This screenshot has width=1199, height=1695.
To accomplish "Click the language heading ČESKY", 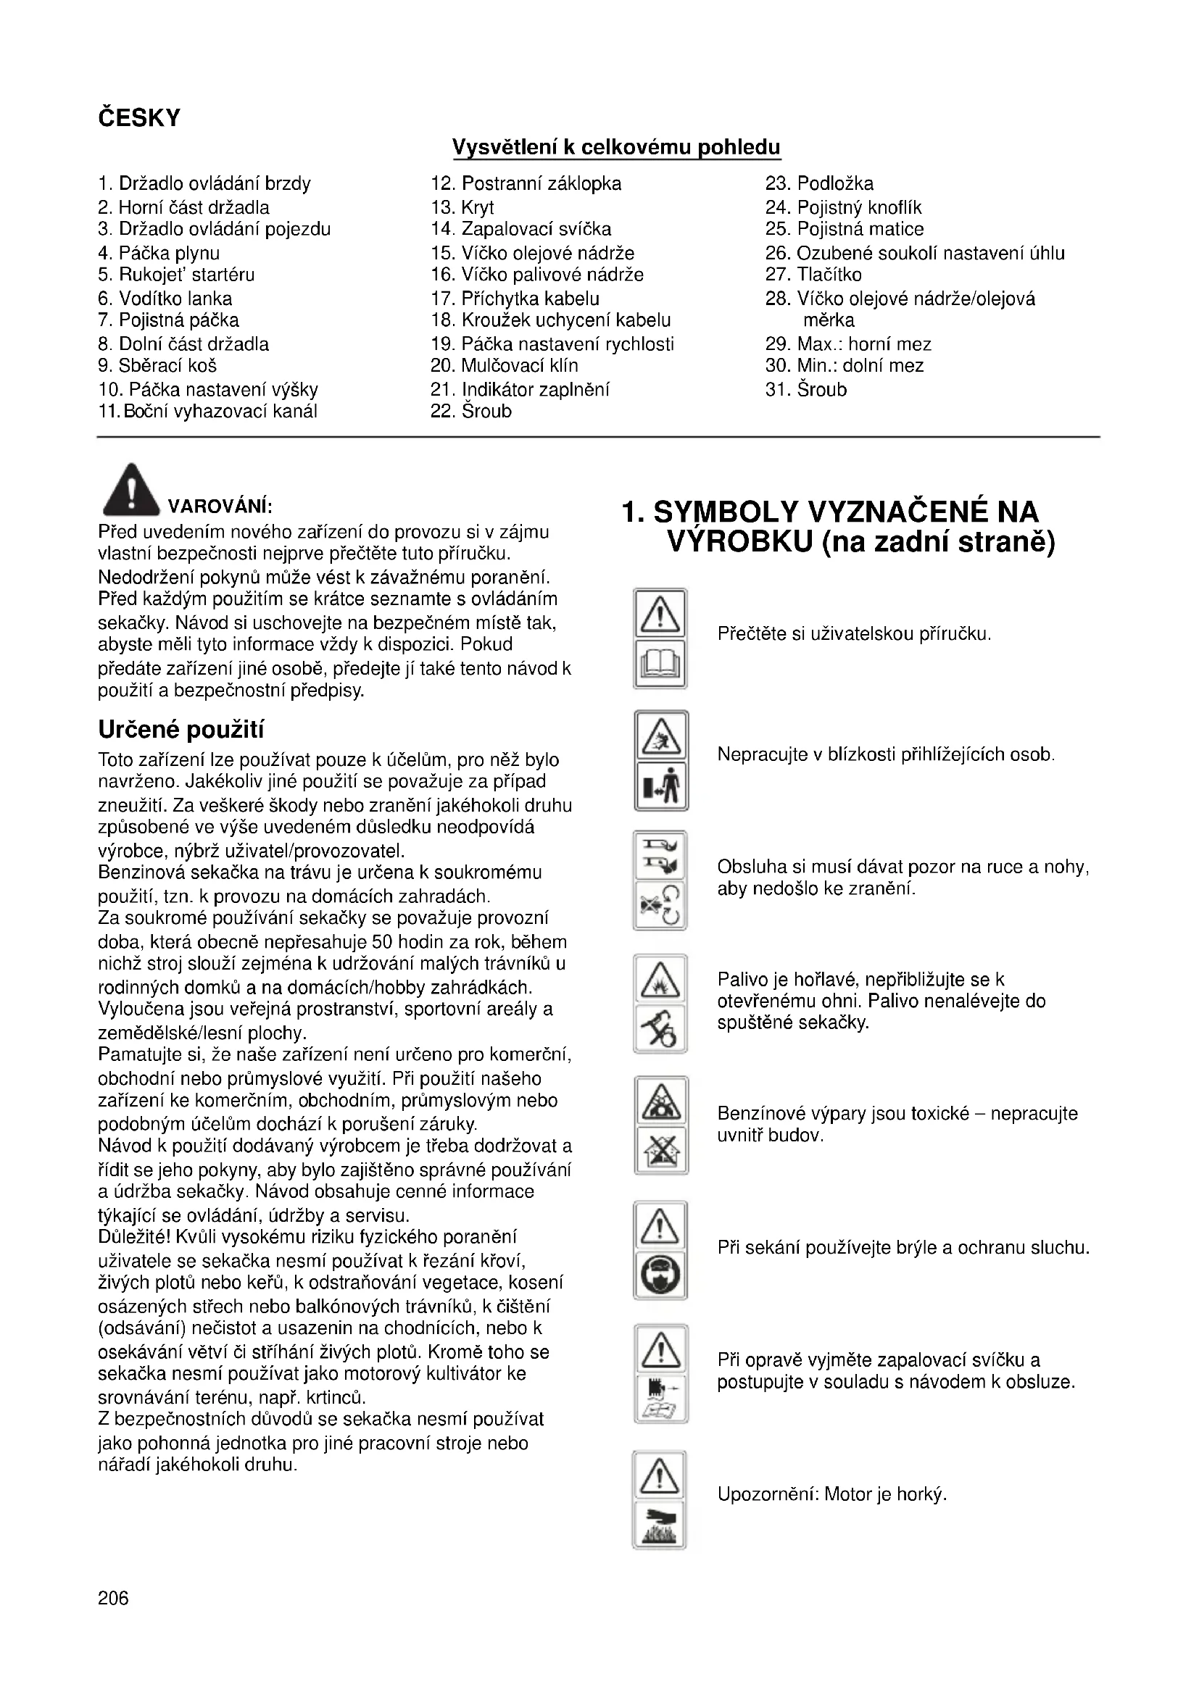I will pos(138,118).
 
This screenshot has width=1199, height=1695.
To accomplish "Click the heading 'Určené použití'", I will pos(181,730).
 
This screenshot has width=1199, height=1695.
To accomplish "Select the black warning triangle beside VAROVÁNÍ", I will pos(130,489).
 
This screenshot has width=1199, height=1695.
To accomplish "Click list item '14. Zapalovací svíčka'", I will pos(520,229).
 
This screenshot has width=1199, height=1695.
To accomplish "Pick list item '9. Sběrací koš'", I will pos(157,365).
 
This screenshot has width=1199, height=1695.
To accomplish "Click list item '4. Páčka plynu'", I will pos(159,253).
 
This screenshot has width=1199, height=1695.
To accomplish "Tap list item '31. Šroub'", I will pos(805,389).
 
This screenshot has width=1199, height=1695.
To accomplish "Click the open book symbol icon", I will pos(660,664).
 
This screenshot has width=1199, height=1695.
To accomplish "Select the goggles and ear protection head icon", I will pos(661,1274).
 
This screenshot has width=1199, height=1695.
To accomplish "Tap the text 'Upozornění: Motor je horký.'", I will pos(831,1495).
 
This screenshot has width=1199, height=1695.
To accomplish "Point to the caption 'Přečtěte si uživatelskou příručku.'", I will pos(853,633).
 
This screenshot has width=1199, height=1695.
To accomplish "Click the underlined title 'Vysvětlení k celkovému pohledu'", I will pos(615,147).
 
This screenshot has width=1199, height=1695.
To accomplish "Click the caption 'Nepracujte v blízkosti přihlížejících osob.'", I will pos(885,754).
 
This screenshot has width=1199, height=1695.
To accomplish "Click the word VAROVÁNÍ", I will pos(220,507).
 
